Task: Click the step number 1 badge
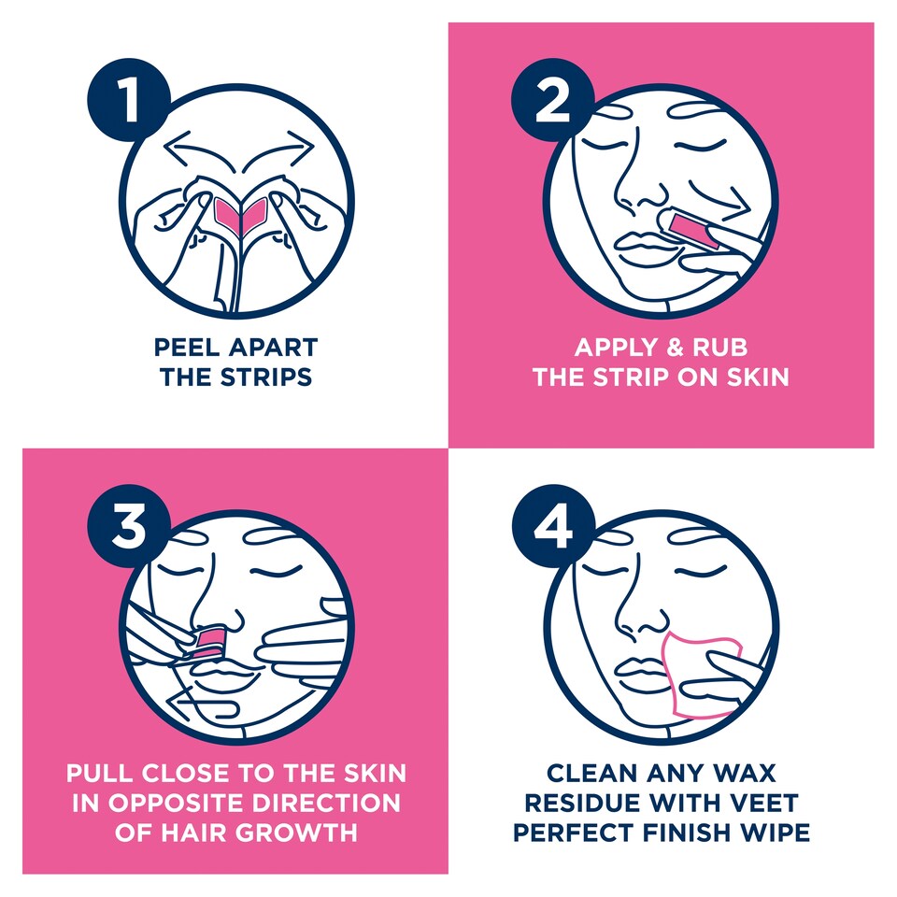129,100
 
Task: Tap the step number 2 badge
553,100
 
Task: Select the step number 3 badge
129,526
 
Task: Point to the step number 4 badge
553,526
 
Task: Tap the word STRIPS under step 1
266,377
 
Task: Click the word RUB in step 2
719,348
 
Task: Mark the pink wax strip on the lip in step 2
695,231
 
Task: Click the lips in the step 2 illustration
644,247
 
